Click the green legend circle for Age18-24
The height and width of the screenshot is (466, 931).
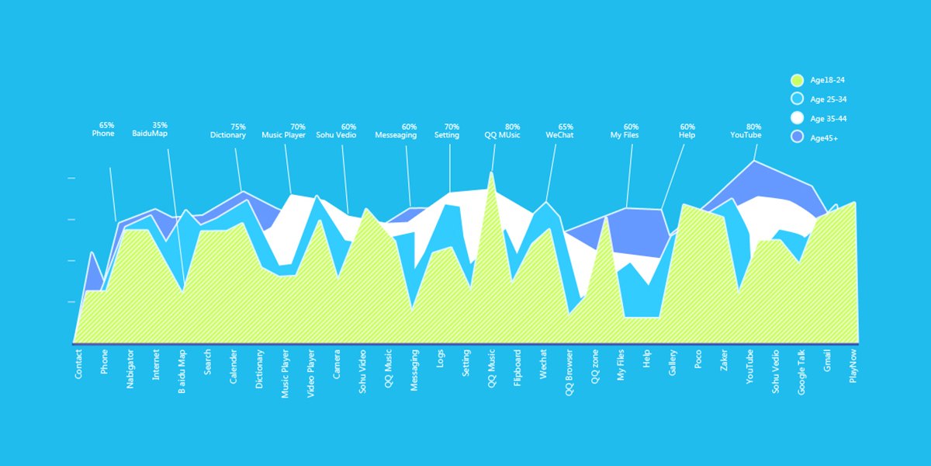[x=796, y=80]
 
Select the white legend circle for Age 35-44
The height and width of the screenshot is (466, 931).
[x=796, y=118]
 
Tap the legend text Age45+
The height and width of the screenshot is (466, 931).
[x=823, y=138]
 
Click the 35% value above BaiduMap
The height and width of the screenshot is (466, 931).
[x=160, y=125]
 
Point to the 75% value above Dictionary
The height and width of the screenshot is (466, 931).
[x=238, y=127]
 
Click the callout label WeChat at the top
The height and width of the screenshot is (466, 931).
[x=559, y=135]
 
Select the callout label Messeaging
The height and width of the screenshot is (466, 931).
[x=396, y=135]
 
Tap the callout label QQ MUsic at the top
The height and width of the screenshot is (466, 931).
[x=502, y=135]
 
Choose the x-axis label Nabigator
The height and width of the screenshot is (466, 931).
[x=130, y=370]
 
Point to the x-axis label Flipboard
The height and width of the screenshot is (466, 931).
[x=517, y=369]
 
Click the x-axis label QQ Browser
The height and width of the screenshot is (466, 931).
[x=569, y=373]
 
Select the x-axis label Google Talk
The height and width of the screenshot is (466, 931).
[x=801, y=374]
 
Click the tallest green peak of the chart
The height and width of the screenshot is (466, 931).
[x=491, y=174]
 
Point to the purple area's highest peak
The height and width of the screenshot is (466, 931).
[x=754, y=162]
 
